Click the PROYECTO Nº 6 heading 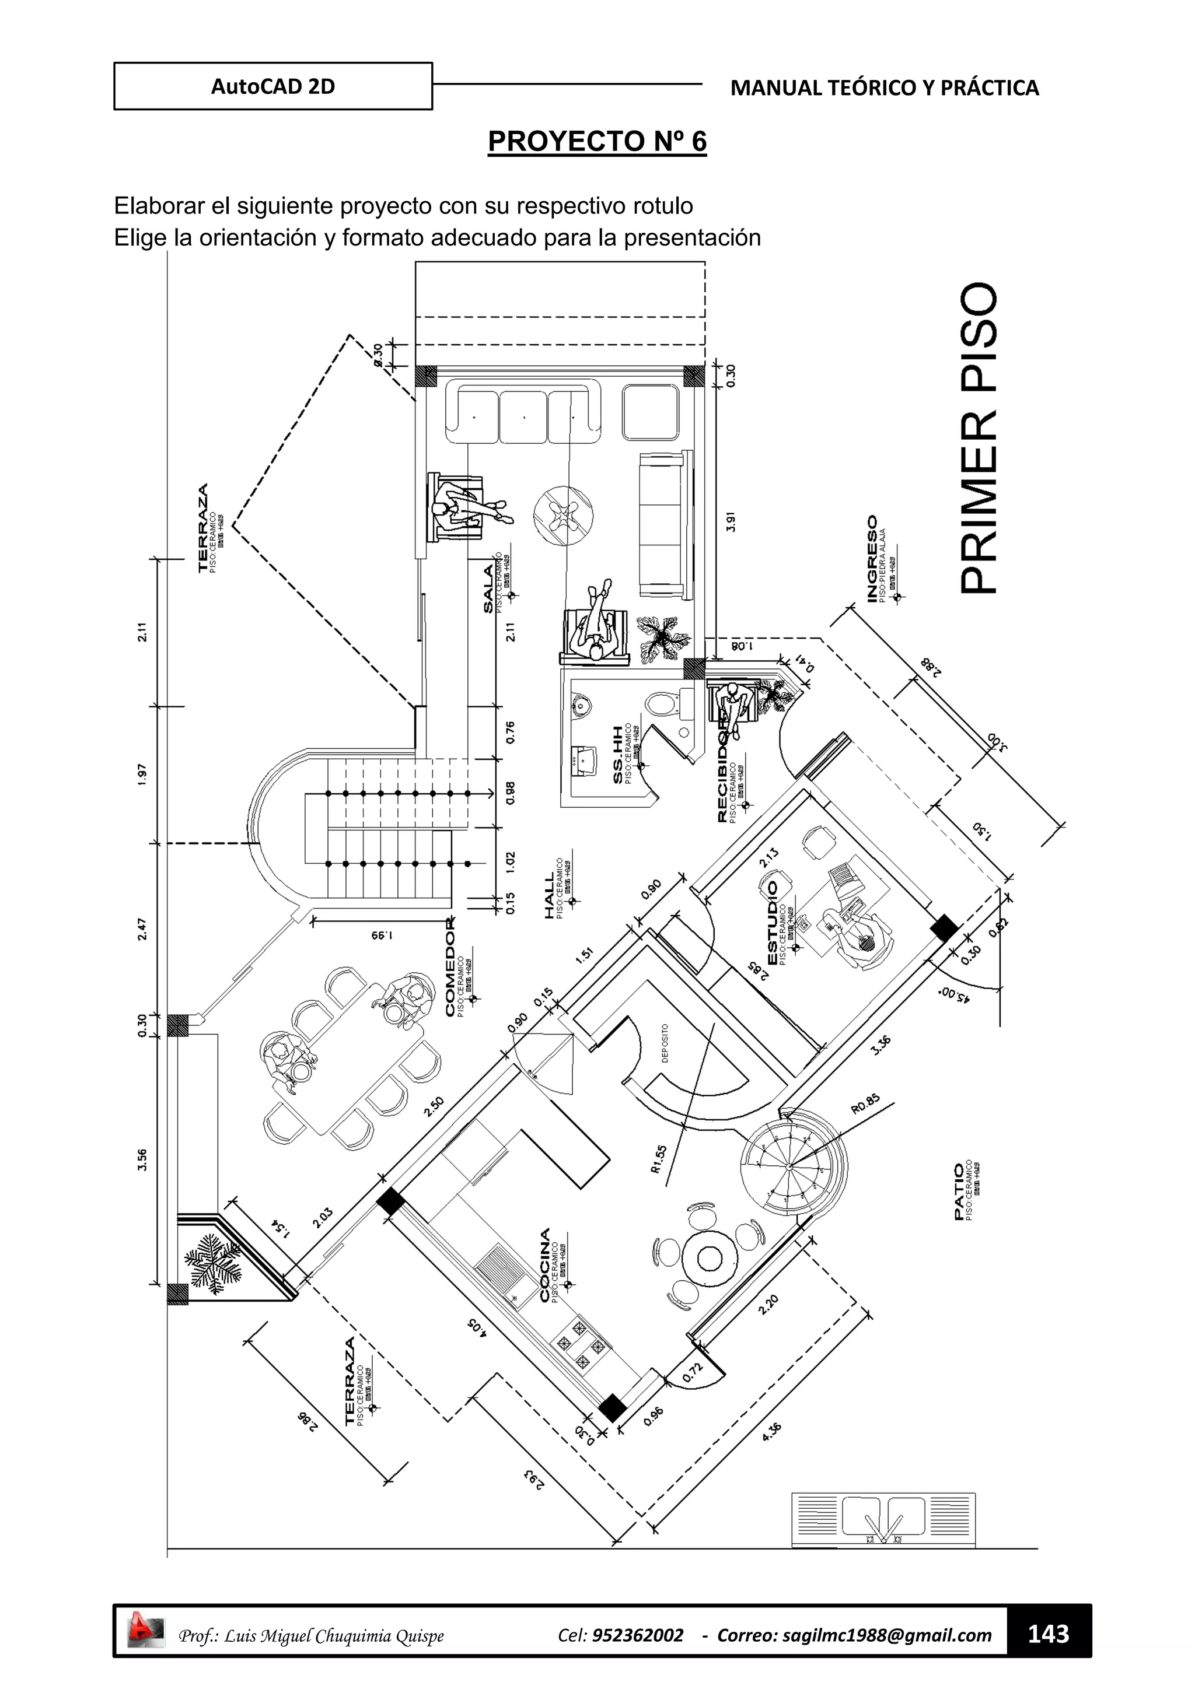pyautogui.click(x=597, y=141)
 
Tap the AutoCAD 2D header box pyautogui.click(x=273, y=87)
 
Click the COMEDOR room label pyautogui.click(x=450, y=966)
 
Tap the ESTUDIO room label pyautogui.click(x=772, y=923)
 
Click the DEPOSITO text pyautogui.click(x=665, y=1043)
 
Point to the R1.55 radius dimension pyautogui.click(x=659, y=1160)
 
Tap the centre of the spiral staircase pyautogui.click(x=789, y=1166)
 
